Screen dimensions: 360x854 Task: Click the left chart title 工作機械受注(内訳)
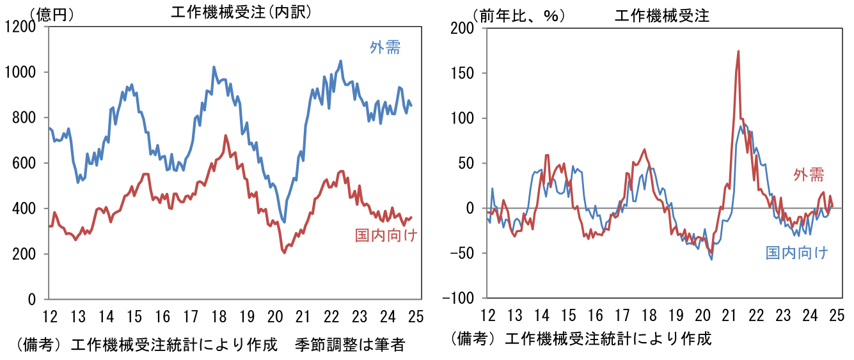click(x=241, y=12)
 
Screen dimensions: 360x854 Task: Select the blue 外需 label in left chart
click(x=385, y=47)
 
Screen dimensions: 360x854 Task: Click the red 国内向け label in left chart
click(x=386, y=235)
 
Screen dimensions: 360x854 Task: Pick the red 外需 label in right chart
click(x=809, y=175)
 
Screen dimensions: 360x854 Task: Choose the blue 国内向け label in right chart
click(x=797, y=253)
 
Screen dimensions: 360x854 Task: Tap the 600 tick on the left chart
click(x=26, y=163)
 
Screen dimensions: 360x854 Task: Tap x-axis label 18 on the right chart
click(x=649, y=316)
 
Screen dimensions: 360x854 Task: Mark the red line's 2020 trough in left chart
click(x=284, y=253)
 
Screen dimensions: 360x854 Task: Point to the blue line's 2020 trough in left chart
click(x=284, y=222)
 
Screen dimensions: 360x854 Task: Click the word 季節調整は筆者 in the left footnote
click(x=350, y=345)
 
